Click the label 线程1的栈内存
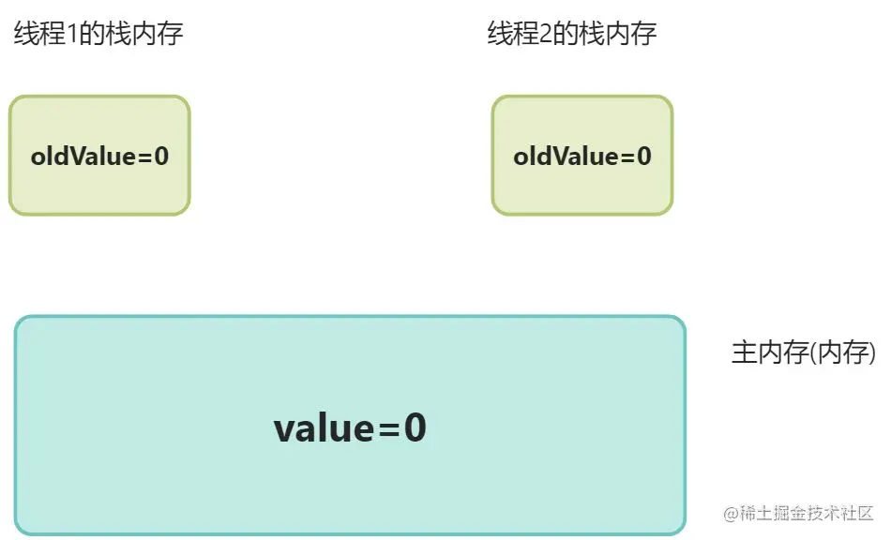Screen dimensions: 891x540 coord(98,36)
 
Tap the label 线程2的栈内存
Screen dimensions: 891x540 coord(571,36)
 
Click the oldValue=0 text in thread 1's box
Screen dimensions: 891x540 coord(99,156)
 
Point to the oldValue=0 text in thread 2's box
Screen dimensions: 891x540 coord(582,156)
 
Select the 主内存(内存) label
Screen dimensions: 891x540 coord(803,353)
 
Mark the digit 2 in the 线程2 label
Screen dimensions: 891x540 coord(547,36)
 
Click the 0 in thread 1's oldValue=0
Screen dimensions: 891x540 coord(161,156)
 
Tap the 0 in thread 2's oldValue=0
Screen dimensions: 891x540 coord(643,156)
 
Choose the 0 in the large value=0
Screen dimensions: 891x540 coord(414,429)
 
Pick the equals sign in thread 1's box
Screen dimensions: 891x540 coord(144,157)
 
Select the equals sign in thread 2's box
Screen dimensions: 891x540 coord(627,157)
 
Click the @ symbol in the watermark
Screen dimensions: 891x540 coord(728,515)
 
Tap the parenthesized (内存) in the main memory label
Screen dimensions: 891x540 coord(840,353)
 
